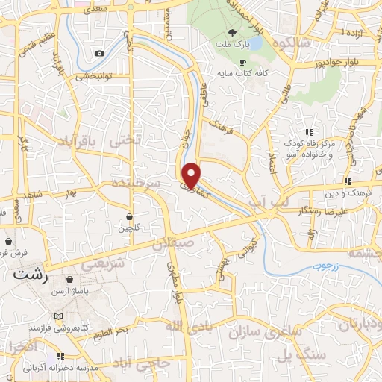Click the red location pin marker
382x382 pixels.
tap(192, 175)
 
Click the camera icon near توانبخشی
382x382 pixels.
tap(100, 53)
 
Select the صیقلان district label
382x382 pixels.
tap(173, 243)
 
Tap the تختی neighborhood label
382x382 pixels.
tap(124, 140)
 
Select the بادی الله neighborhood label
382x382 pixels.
tap(184, 326)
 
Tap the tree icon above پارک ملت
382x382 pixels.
tap(232, 32)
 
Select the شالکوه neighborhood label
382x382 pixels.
tap(293, 44)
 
